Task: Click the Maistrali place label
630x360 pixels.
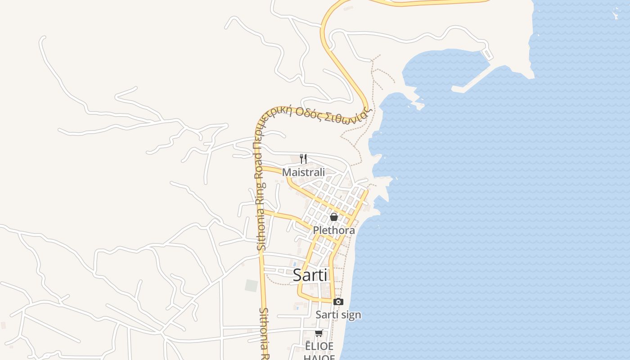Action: pyautogui.click(x=303, y=172)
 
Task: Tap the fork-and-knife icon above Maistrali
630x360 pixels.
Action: pyautogui.click(x=303, y=158)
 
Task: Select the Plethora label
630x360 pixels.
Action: pyautogui.click(x=334, y=230)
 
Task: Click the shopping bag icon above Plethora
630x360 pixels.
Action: pyautogui.click(x=334, y=217)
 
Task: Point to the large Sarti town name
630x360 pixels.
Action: pyautogui.click(x=310, y=275)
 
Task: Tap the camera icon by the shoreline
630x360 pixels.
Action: pyautogui.click(x=338, y=301)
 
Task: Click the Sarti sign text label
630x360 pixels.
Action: pyautogui.click(x=338, y=315)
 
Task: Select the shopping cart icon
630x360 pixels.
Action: pyautogui.click(x=319, y=333)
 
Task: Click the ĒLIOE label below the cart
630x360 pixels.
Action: pyautogui.click(x=319, y=346)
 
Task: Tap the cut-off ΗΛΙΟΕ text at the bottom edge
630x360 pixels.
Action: pyautogui.click(x=319, y=357)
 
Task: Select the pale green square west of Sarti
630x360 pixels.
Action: pyautogui.click(x=251, y=285)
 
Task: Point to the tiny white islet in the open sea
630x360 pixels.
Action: pyautogui.click(x=615, y=15)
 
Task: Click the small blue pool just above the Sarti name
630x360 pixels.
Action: pyautogui.click(x=295, y=264)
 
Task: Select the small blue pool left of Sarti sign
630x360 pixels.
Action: pyautogui.click(x=297, y=308)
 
